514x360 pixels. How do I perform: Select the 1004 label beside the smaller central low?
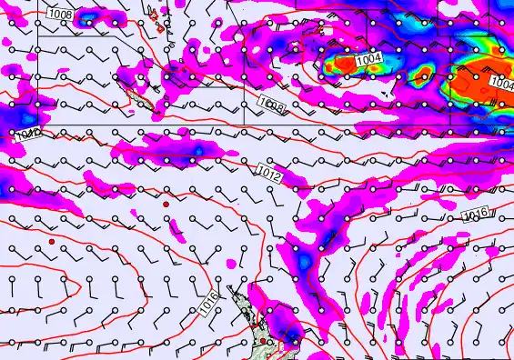[369, 60]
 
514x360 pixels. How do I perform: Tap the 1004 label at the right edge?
[501, 83]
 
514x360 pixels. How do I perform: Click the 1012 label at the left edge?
[27, 135]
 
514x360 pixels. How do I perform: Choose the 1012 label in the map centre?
[268, 170]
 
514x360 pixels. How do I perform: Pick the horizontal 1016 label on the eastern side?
[476, 215]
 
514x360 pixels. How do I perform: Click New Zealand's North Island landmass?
[250, 323]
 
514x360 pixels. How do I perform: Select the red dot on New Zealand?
[263, 341]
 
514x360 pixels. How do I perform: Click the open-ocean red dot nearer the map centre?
[166, 205]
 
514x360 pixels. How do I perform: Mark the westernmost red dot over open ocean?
[53, 241]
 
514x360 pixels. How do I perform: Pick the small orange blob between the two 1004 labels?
[422, 71]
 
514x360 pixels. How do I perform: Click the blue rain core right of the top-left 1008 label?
[90, 16]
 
